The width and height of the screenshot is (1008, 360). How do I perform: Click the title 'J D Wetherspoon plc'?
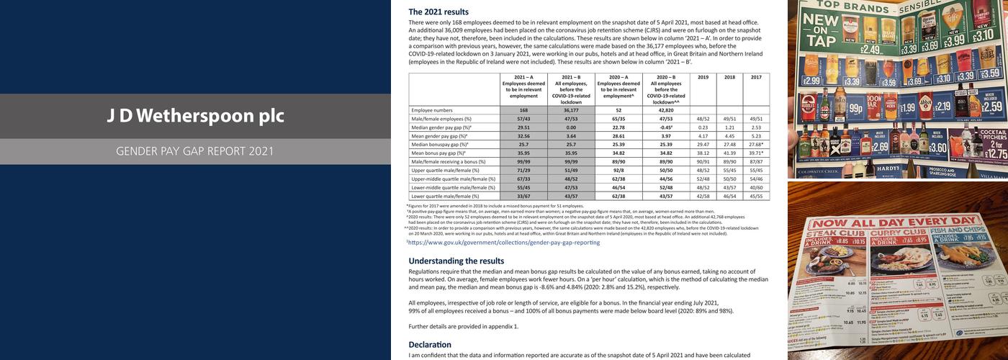coord(191,116)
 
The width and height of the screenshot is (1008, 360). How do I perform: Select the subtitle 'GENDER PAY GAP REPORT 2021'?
coord(195,152)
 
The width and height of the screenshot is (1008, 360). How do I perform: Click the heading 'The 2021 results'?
coord(438,12)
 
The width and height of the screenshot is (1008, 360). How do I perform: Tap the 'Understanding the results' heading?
coord(456,261)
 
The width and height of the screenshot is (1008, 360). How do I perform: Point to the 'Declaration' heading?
coord(430,344)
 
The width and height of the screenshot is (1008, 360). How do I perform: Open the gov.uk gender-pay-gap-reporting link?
coord(504,243)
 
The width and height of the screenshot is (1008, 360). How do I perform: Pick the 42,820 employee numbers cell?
coord(666,110)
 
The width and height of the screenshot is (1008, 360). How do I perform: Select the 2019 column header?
coord(703,77)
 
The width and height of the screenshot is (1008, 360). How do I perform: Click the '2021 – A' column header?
coord(523,77)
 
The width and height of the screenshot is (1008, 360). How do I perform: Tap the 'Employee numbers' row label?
coord(432,110)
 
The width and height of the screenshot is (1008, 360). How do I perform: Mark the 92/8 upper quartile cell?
coord(618,170)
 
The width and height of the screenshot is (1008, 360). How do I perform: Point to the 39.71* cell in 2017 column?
coord(756,153)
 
